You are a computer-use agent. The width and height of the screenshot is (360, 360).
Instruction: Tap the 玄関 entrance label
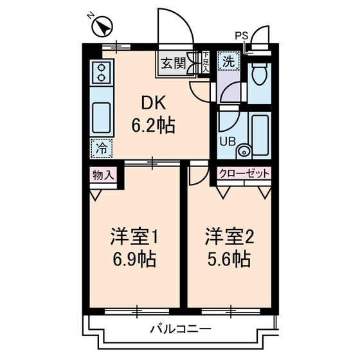point(172,63)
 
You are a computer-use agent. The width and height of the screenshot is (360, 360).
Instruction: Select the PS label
point(240,35)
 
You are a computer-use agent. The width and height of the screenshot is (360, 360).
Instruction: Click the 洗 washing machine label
point(228,62)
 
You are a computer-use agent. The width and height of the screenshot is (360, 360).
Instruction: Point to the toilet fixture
point(260,78)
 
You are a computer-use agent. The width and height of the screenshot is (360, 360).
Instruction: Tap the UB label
point(228,141)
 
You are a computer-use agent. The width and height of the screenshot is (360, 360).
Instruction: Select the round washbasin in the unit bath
point(243,151)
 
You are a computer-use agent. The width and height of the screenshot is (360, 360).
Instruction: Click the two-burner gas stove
point(102,74)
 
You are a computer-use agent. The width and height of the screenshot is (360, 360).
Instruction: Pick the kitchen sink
point(102,116)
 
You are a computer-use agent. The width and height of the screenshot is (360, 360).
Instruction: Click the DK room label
point(153,103)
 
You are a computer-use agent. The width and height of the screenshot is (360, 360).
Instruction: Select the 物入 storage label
point(103,174)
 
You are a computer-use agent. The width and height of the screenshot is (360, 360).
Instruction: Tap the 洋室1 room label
point(134,237)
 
